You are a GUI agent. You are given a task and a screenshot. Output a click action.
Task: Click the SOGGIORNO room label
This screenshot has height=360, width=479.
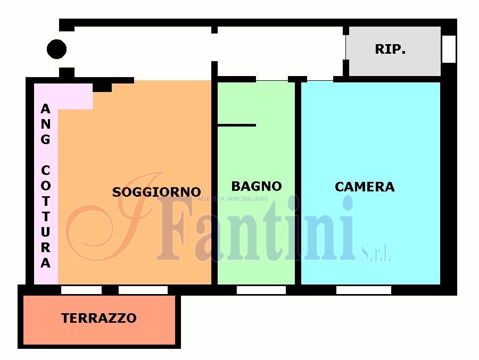[x=156, y=192]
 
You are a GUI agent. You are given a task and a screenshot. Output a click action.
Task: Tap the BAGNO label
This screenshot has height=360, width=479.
[x=257, y=186]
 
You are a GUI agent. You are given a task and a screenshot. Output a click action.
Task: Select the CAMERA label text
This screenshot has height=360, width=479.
[x=365, y=187]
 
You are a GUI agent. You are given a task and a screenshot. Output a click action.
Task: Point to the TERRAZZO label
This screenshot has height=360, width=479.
[x=99, y=318]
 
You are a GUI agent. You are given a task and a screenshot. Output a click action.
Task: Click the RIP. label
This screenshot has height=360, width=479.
[x=390, y=49]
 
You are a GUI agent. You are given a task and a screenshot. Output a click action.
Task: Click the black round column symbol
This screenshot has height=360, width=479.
[x=56, y=49]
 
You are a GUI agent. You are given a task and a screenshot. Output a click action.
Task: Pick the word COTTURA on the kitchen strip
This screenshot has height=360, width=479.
[x=46, y=216]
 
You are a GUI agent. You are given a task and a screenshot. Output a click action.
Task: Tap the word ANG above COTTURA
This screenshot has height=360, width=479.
[x=46, y=124]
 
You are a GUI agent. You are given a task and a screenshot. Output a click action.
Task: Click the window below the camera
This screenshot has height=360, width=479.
[x=364, y=290]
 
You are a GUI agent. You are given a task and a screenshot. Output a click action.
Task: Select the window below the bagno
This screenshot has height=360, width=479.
[x=261, y=290]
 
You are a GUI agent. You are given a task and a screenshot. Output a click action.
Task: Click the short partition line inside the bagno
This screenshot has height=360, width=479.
[x=236, y=125]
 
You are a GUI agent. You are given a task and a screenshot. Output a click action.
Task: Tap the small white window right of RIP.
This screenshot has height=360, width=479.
[x=449, y=49]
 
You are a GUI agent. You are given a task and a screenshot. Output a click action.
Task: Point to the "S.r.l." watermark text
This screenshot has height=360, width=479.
[x=376, y=253]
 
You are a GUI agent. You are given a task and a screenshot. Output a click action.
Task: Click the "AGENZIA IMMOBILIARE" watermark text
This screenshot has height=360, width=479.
[x=233, y=199]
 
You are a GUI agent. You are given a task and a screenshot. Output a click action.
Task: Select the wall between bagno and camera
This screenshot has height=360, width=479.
[x=298, y=182]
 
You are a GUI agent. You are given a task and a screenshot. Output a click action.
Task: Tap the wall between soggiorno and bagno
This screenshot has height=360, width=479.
[x=214, y=182]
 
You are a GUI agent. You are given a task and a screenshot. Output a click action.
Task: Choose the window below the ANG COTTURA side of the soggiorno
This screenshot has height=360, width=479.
[x=81, y=290]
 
